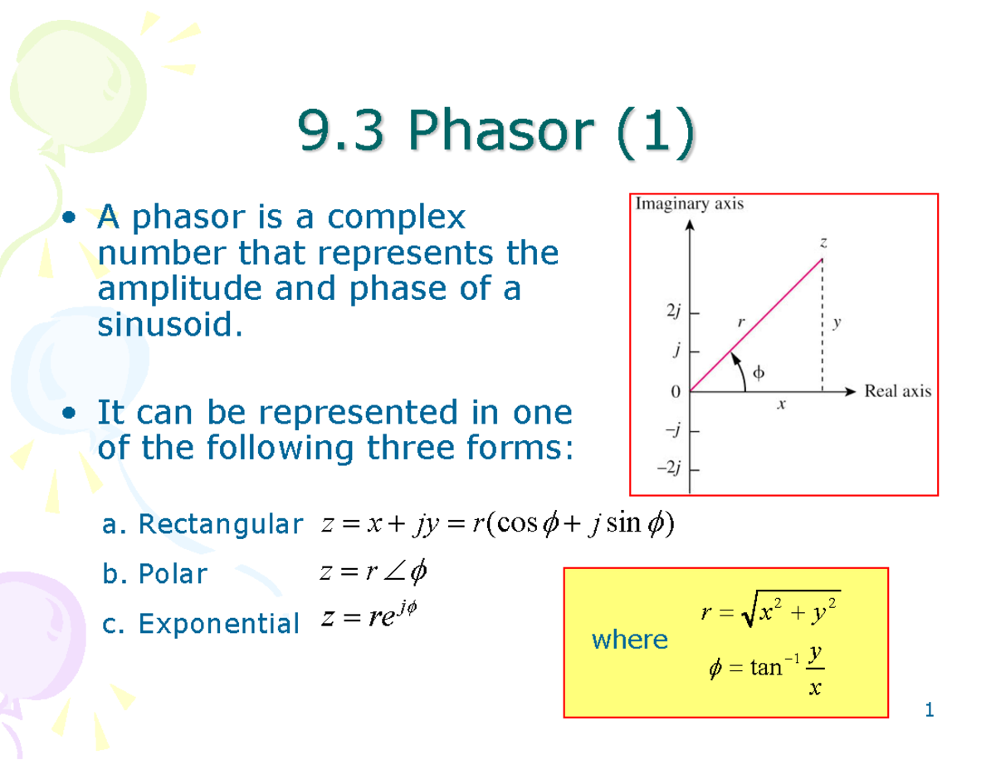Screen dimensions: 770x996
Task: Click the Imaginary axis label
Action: (x=690, y=204)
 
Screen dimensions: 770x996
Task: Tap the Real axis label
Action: (x=898, y=390)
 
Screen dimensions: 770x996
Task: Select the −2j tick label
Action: (x=669, y=469)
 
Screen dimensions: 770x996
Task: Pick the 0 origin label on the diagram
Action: (x=676, y=390)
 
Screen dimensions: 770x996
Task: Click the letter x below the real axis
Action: (x=781, y=406)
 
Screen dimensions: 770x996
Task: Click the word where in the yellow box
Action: (x=629, y=639)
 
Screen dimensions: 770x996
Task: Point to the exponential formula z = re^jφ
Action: (x=366, y=617)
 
